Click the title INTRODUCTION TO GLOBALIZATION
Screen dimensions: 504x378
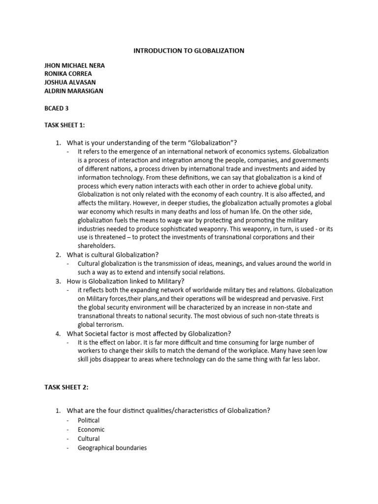pyautogui.click(x=189, y=51)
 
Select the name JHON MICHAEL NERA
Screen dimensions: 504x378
pyautogui.click(x=74, y=65)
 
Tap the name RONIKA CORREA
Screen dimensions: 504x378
pyautogui.click(x=68, y=74)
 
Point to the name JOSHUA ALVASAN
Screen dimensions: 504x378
pyautogui.click(x=70, y=83)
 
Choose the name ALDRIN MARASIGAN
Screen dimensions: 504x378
pyautogui.click(x=74, y=91)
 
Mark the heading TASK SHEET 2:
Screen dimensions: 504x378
pyautogui.click(x=66, y=387)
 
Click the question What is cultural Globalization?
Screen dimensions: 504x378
pyautogui.click(x=113, y=254)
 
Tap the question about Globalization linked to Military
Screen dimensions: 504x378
pyautogui.click(x=126, y=281)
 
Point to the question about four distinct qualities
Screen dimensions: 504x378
pyautogui.click(x=168, y=411)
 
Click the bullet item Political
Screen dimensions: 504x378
pyautogui.click(x=89, y=420)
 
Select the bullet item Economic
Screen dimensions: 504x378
pyautogui.click(x=91, y=429)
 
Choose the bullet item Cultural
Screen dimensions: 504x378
pyautogui.click(x=89, y=439)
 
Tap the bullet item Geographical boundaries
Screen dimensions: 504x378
pyautogui.click(x=112, y=448)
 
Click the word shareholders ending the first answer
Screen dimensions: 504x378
pyautogui.click(x=96, y=246)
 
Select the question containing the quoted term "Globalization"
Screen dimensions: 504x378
pyautogui.click(x=152, y=143)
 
